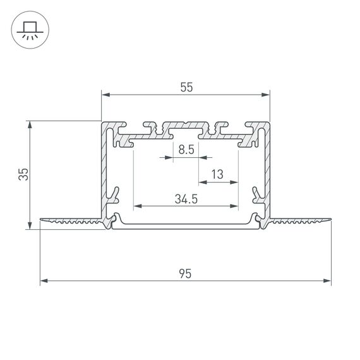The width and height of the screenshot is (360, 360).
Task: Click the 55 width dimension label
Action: [186, 88]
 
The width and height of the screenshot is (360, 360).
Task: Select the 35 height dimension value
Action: [23, 174]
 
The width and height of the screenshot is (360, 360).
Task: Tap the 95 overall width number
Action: [185, 273]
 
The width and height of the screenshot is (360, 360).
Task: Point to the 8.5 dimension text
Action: [186, 150]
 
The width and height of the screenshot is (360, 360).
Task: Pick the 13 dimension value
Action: [218, 174]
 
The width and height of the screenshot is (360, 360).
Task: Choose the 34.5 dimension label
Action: [186, 199]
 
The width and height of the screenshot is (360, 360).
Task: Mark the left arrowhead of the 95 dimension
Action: [44, 280]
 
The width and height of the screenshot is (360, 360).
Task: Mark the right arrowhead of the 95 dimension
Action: [328, 280]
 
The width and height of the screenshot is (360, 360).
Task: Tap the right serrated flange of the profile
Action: [300, 221]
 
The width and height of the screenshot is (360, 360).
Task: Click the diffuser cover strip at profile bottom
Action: [186, 227]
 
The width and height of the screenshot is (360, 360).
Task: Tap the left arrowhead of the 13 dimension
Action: [201, 182]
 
